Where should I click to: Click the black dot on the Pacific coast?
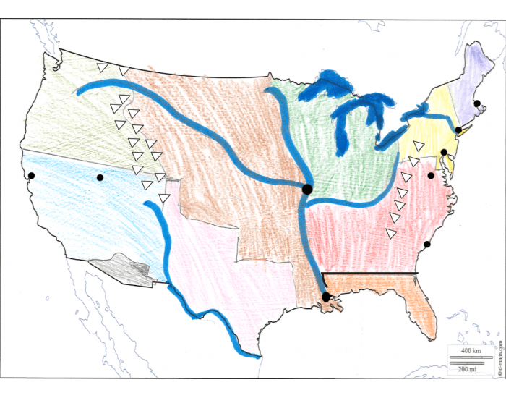[30, 175]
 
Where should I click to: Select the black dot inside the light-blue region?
[100, 177]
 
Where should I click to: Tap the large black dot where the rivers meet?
[306, 189]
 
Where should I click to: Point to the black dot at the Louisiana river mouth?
[326, 297]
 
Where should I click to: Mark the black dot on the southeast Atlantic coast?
[427, 244]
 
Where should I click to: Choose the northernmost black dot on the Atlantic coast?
[477, 103]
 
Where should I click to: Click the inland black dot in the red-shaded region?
[431, 176]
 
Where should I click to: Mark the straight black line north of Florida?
[369, 273]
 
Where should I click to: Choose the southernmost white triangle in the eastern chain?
[391, 233]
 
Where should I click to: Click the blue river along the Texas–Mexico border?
[210, 315]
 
